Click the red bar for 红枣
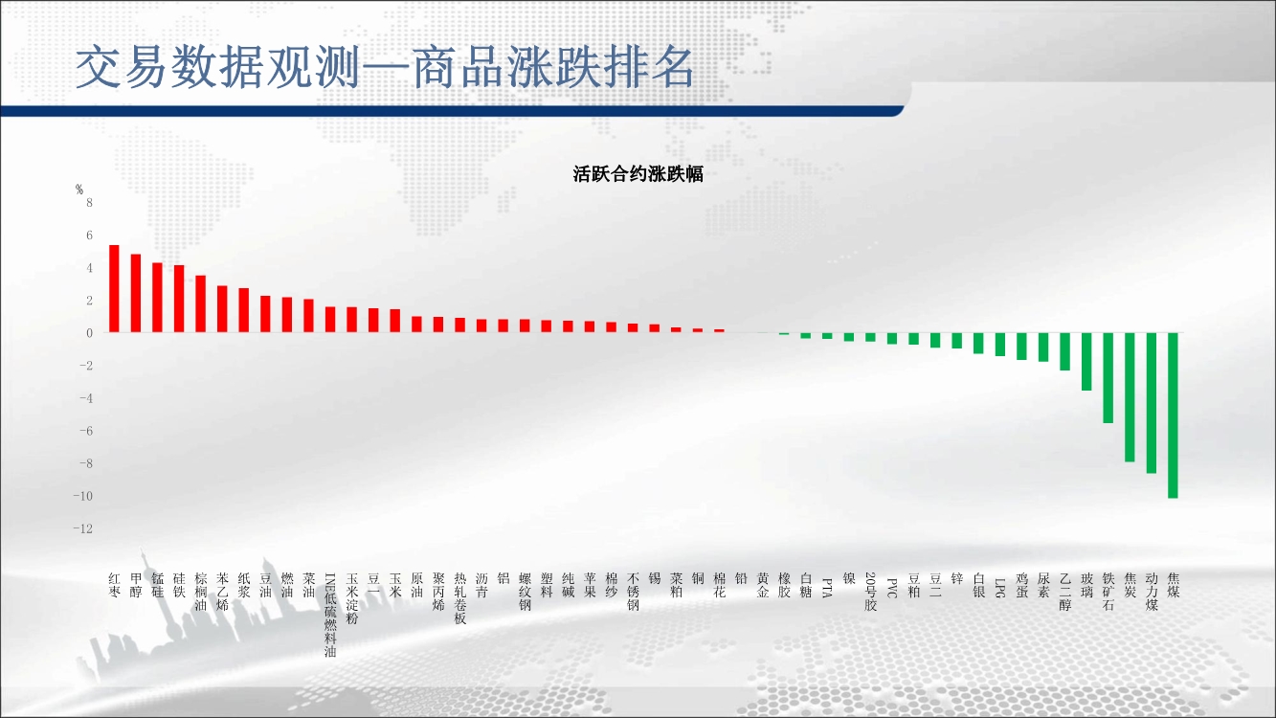[114, 288]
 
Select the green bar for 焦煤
[1173, 415]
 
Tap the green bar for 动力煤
[1152, 403]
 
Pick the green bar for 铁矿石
[1108, 378]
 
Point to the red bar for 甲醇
[136, 293]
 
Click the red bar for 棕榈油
[200, 303]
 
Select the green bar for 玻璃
[1086, 361]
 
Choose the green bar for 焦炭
[1130, 397]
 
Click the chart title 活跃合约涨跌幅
[638, 174]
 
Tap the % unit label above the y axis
[79, 190]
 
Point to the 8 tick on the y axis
[89, 202]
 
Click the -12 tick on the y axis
[82, 528]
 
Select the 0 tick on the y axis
[89, 333]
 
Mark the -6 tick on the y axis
[86, 431]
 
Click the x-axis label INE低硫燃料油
[330, 615]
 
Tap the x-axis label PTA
[827, 588]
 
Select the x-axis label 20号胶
[870, 592]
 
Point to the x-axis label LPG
[999, 588]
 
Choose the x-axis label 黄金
[763, 585]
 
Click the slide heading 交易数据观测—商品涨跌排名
[385, 67]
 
